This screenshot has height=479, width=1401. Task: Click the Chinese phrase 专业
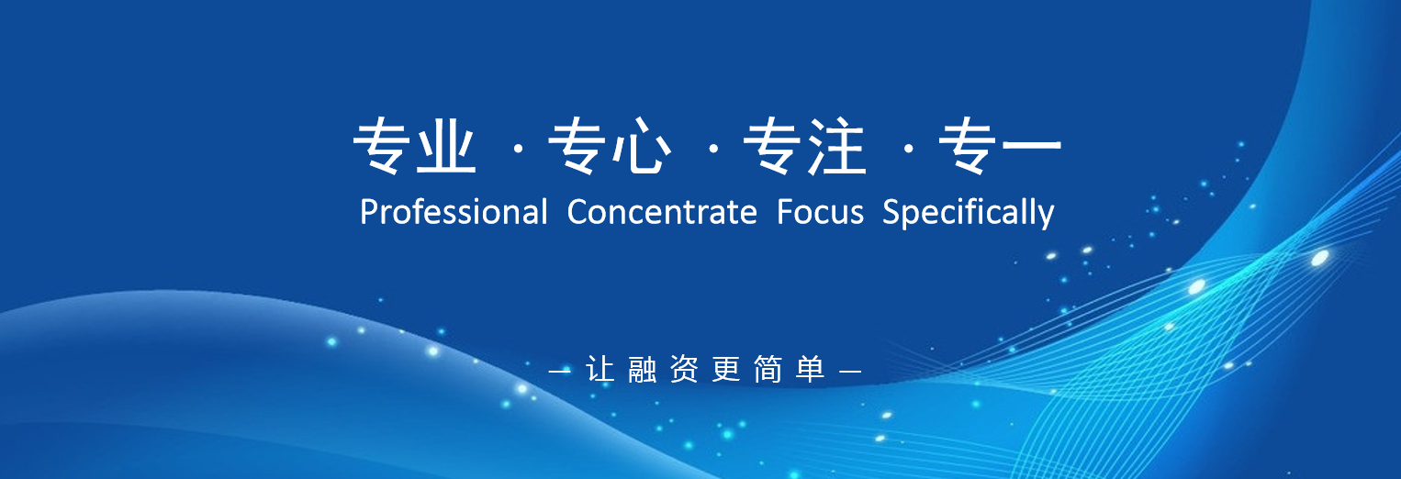[415, 146]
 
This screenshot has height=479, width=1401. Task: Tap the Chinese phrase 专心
[610, 146]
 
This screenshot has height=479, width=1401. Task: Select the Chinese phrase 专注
[805, 146]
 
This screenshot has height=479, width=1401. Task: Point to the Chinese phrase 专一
[1000, 146]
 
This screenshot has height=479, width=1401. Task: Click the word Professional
[454, 212]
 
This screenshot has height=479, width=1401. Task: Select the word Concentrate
[662, 212]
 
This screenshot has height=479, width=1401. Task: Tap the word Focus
[820, 212]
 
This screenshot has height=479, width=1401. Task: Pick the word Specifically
[969, 213]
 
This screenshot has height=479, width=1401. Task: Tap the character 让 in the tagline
[600, 369]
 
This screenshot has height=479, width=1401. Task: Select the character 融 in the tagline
[643, 369]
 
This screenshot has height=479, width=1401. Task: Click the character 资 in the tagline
[684, 369]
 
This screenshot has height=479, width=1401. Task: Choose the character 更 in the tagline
[726, 369]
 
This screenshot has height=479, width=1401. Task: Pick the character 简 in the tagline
[768, 369]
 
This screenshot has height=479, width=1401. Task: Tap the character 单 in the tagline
[811, 369]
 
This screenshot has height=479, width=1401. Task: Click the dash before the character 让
[560, 371]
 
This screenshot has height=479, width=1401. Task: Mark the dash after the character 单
[850, 371]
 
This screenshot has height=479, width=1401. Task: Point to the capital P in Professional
[369, 212]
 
